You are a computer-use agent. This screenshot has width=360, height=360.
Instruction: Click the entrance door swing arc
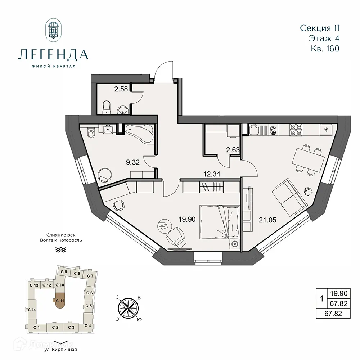tap(161, 68)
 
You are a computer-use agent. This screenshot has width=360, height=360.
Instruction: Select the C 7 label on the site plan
tap(90, 276)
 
